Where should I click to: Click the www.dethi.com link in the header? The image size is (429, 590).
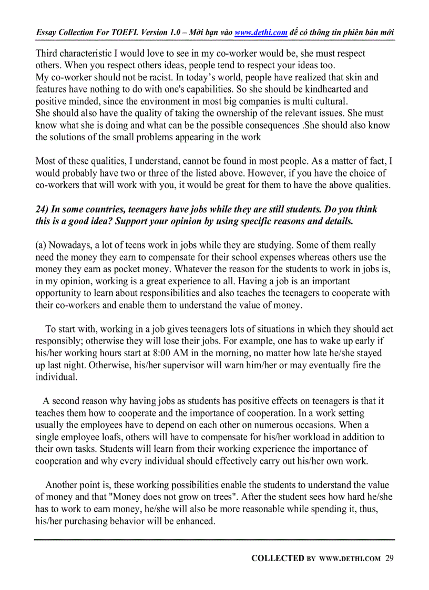point(261,33)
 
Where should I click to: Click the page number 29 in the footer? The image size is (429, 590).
point(389,558)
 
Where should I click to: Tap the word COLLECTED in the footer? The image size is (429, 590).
point(278,558)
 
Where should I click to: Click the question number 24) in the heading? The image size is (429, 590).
point(42,209)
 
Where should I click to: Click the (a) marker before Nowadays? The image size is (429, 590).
point(41,245)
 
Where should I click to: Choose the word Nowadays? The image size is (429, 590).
point(69,245)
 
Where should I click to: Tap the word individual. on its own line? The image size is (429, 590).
point(56,377)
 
